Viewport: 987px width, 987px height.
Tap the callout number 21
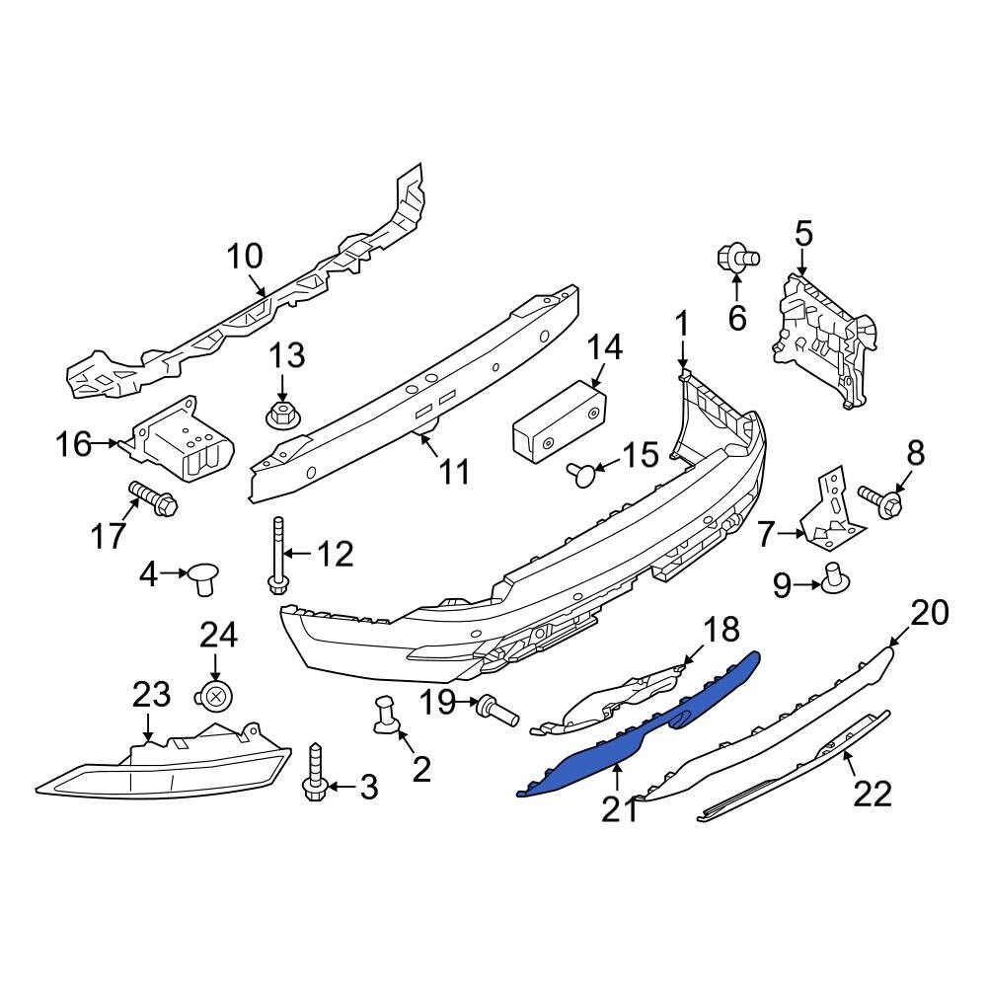coord(620,809)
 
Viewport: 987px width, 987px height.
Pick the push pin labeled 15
coord(582,476)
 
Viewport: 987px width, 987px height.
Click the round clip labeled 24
coord(215,696)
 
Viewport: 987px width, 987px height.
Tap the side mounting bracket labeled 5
coord(821,336)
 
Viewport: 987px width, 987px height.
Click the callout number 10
coord(245,257)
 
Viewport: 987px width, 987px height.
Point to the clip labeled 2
coord(386,717)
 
